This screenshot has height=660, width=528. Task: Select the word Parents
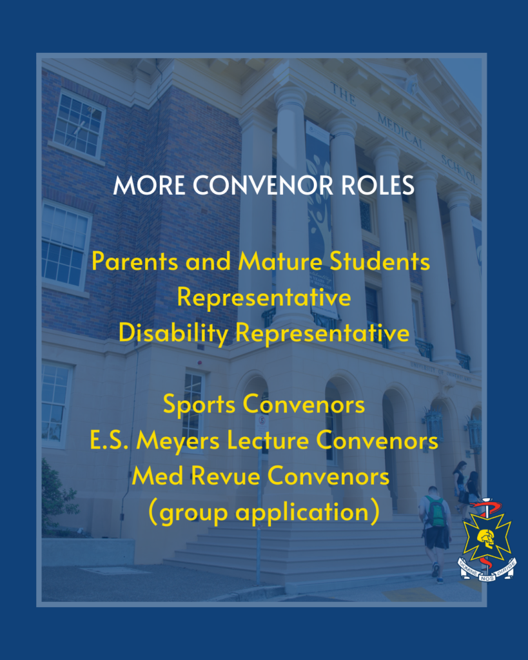[135, 262]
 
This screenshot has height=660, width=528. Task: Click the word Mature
[280, 262]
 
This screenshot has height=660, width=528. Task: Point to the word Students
[380, 262]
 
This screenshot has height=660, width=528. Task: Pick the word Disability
[173, 334]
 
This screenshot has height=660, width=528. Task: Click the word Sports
[199, 405]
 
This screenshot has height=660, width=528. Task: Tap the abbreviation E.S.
[109, 441]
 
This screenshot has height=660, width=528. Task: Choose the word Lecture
[268, 441]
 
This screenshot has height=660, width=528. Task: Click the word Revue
[226, 476]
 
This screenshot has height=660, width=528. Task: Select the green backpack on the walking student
[436, 511]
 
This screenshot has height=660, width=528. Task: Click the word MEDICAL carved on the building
[401, 131]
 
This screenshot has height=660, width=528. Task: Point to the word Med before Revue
[157, 476]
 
